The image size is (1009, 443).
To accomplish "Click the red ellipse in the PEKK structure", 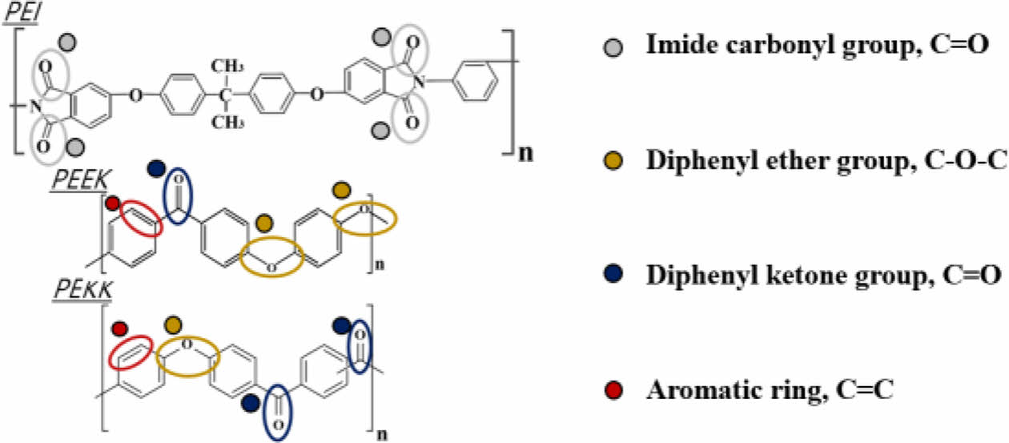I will click(132, 351).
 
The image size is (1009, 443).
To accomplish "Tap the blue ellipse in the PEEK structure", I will click(178, 196).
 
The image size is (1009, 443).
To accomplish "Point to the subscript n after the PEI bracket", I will click(525, 152).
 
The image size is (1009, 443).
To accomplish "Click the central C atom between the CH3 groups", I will click(225, 95).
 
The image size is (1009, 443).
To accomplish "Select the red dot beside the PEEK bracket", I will click(114, 203).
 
